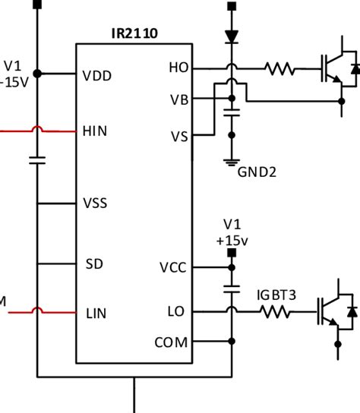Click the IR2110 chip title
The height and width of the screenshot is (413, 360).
(134, 33)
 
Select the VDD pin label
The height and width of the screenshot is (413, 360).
(97, 76)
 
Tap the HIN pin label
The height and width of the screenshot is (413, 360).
(95, 131)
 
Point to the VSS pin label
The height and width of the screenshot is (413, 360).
(95, 203)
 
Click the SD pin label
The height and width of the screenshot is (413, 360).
(94, 263)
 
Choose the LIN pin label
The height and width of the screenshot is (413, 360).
(96, 314)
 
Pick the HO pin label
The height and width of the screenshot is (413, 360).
(179, 68)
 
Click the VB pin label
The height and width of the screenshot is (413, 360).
(179, 100)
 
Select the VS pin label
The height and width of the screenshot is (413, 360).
(179, 137)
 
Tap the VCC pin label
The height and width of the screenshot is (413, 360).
(173, 267)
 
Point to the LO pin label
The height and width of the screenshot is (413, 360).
(176, 311)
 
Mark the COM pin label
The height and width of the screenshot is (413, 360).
(172, 342)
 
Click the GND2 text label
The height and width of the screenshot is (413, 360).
(257, 172)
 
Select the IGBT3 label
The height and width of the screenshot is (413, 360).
(276, 295)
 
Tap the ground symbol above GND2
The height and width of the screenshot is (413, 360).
(232, 162)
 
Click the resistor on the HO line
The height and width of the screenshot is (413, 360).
(280, 69)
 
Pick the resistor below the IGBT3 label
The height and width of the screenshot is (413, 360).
(276, 312)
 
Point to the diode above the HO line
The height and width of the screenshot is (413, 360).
(232, 36)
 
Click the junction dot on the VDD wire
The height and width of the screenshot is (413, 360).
(37, 74)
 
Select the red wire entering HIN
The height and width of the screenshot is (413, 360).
(38, 130)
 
